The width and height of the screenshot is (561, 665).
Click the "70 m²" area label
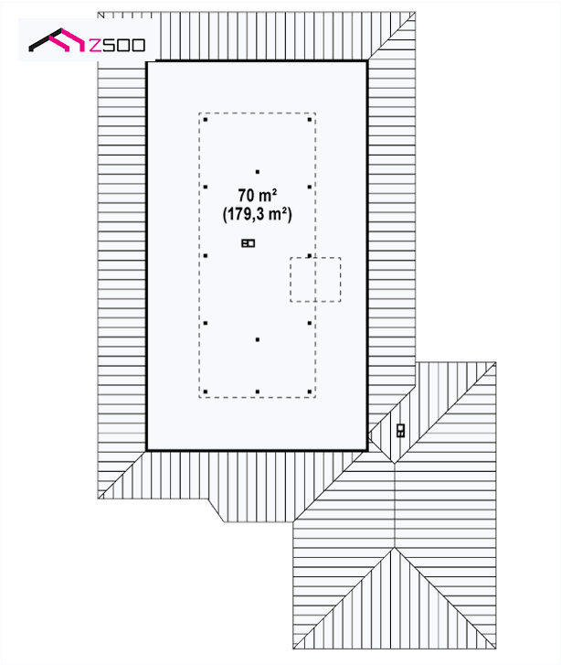[257, 196]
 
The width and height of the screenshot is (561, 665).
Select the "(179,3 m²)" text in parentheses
[257, 214]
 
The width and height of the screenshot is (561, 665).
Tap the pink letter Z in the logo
[95, 45]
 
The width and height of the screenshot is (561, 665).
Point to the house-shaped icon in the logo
[57, 40]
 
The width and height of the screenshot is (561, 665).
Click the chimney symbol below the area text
[249, 243]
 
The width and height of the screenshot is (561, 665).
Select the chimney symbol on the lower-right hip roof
[400, 431]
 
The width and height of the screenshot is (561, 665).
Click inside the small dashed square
[315, 280]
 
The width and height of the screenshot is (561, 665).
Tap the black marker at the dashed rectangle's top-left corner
[206, 120]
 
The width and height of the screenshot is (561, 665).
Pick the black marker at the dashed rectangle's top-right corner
[310, 120]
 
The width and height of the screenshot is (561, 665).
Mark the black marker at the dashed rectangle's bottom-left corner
[206, 391]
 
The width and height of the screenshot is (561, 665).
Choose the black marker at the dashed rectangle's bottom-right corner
[310, 391]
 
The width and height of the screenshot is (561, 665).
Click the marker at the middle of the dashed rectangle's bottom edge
[257, 391]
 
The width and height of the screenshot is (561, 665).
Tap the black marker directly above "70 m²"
[257, 172]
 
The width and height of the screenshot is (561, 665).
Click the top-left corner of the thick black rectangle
[147, 62]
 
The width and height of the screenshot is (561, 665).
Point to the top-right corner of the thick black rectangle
[366, 62]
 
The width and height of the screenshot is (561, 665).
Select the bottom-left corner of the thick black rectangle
[147, 450]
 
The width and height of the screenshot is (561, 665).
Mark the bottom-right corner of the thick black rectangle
[366, 450]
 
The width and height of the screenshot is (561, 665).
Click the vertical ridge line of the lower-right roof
[395, 505]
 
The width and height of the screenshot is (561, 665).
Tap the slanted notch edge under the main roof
[217, 510]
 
